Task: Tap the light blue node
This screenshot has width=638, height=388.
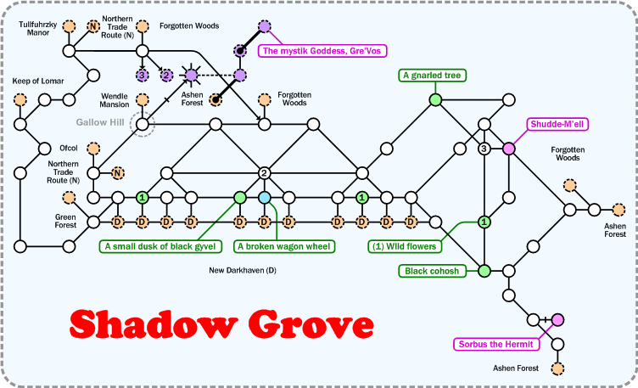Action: (x=264, y=198)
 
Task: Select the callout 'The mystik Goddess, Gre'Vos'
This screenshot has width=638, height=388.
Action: (x=321, y=51)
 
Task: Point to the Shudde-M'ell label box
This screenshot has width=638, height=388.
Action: (x=558, y=124)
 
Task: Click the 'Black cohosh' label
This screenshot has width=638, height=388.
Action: (x=432, y=271)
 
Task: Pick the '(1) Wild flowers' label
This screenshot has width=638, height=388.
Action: (x=403, y=247)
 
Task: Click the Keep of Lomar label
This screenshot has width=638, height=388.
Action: (x=38, y=81)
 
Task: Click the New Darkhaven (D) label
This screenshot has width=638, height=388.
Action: (x=243, y=271)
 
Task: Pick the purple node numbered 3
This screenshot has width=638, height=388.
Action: (x=143, y=76)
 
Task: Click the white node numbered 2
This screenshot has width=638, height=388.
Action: (x=264, y=173)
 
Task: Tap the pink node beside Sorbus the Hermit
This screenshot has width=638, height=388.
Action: (x=557, y=320)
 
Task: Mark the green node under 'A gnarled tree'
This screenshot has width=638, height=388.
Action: (x=435, y=100)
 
